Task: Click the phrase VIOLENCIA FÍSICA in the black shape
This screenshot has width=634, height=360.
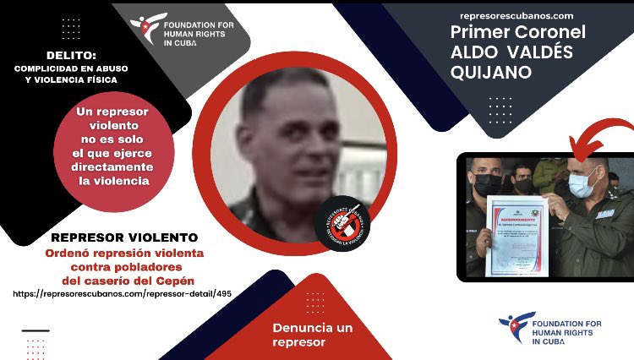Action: pyautogui.click(x=103, y=80)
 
